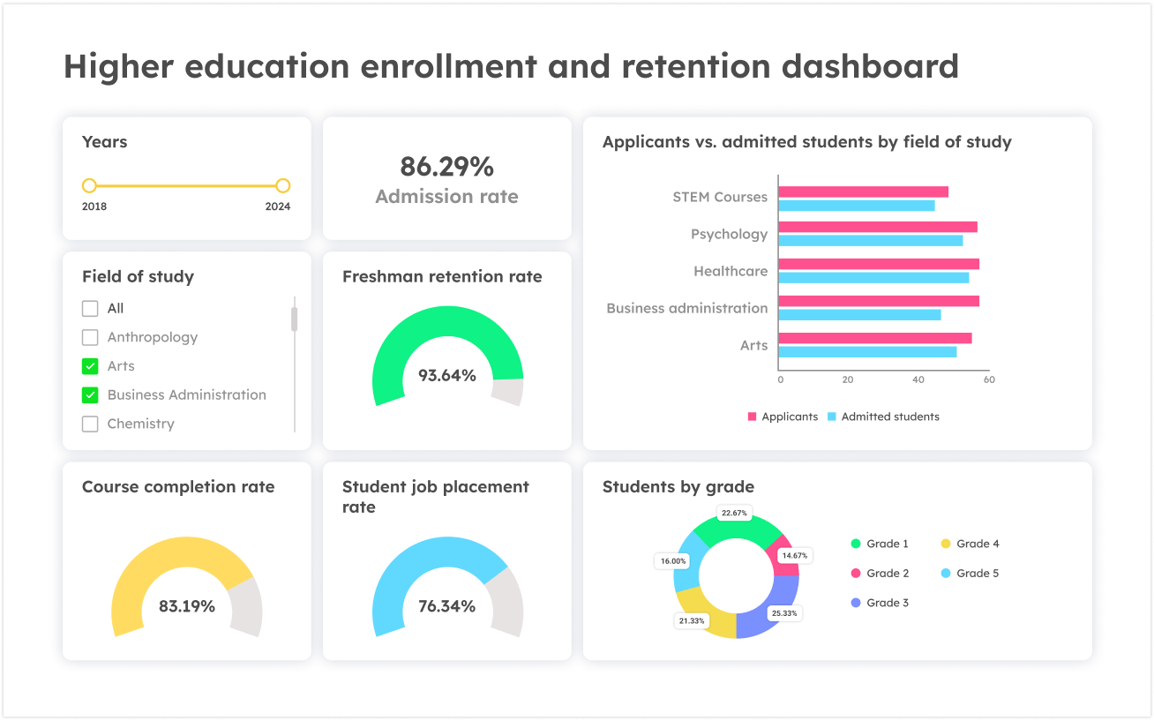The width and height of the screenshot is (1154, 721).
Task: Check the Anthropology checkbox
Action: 90,337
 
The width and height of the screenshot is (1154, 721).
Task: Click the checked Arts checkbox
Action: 90,366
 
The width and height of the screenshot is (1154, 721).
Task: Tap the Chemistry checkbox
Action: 90,424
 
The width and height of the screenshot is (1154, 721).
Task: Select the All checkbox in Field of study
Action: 90,309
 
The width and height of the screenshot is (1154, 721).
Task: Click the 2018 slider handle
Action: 89,186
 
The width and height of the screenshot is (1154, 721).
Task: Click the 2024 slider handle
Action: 282,186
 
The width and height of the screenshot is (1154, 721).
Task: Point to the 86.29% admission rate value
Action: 446,167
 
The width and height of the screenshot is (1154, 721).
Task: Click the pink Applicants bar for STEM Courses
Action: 863,192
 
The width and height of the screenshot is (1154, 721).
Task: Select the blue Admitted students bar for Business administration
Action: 859,315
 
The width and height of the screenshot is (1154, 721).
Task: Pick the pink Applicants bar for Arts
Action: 874,338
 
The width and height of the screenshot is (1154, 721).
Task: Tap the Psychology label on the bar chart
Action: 729,234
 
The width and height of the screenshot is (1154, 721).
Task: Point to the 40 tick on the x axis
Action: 918,379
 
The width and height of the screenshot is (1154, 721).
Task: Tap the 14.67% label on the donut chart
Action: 795,556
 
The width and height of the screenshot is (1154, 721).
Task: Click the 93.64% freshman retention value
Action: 446,376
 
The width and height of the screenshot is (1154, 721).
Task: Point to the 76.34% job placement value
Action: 446,606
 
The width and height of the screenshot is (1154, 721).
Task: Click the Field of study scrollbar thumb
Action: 295,319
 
